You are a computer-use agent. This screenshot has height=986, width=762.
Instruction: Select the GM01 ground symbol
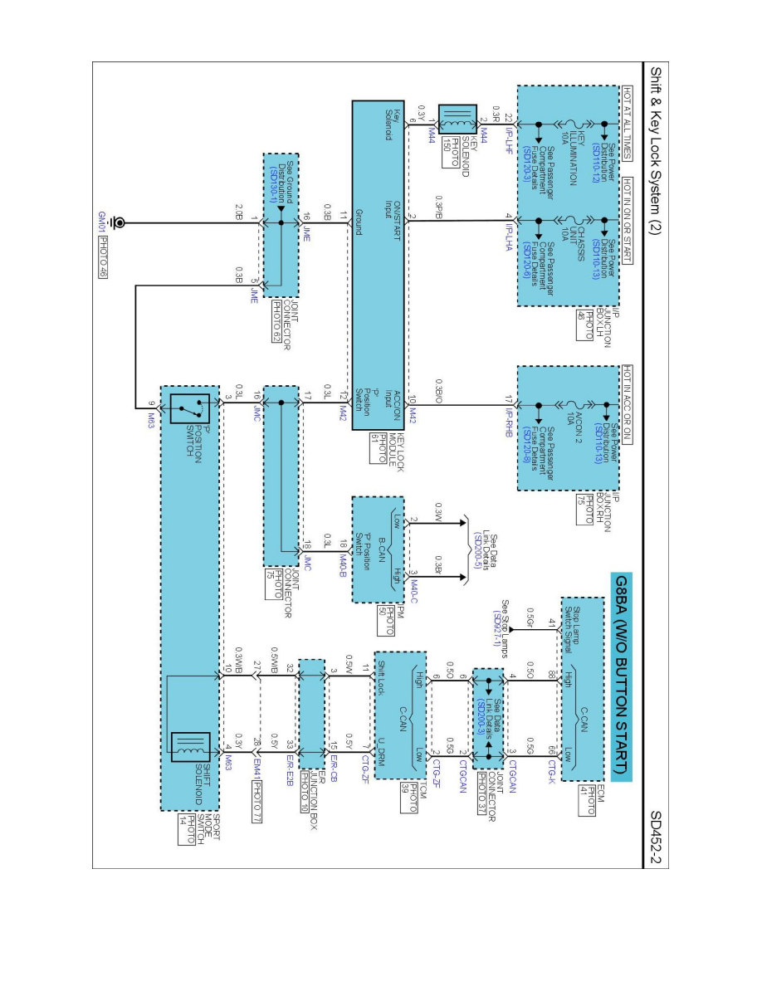[x=121, y=223]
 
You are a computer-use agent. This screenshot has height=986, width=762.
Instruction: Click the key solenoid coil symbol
[x=457, y=121]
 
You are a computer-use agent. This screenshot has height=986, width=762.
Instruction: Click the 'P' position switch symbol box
[x=187, y=407]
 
